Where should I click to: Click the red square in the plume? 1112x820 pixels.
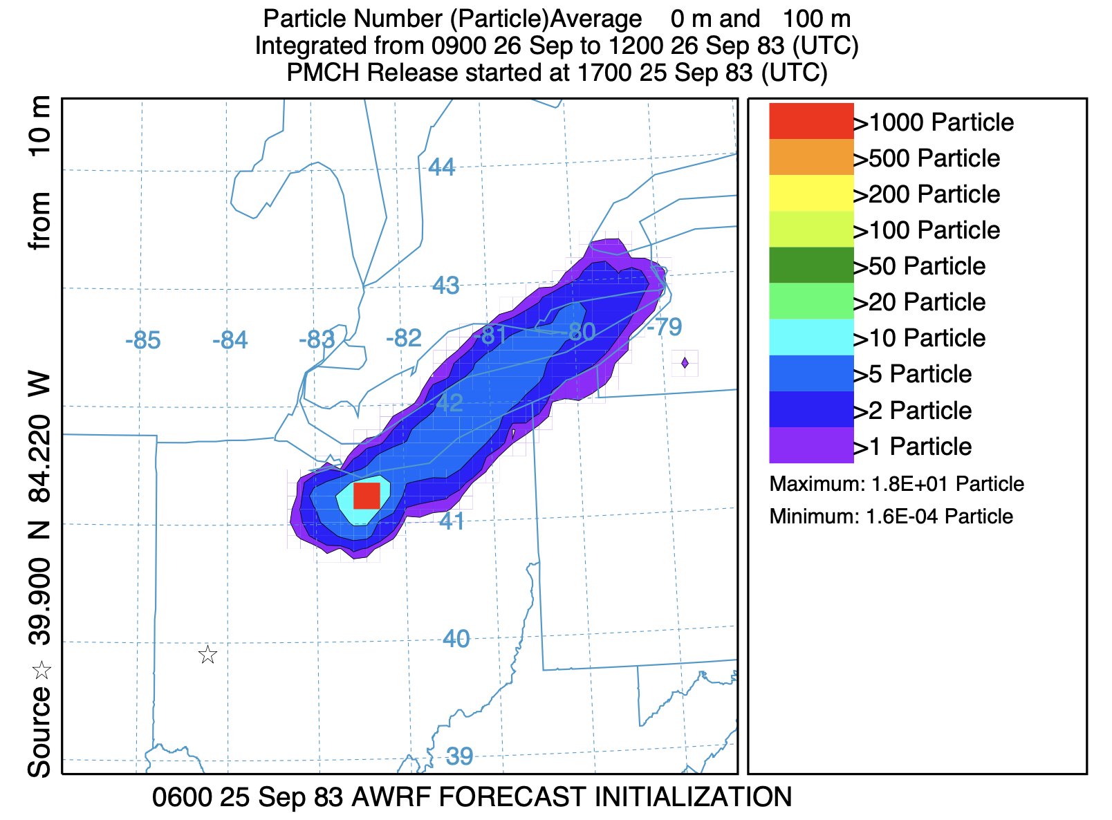[x=367, y=496]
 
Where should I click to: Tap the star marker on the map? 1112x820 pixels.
[x=207, y=654]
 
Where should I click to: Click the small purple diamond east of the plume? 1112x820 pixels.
[x=685, y=363]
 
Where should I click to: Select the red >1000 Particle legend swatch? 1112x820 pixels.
[x=811, y=122]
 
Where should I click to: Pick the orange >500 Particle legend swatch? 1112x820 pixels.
[x=811, y=158]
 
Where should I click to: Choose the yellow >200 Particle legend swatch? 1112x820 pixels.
[x=811, y=194]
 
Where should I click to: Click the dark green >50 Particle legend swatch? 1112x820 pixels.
[x=811, y=265]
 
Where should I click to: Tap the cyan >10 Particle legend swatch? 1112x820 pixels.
[x=811, y=337]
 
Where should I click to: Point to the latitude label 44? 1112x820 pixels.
[x=442, y=167]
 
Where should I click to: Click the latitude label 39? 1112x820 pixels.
[x=459, y=756]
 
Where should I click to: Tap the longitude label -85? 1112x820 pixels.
[x=143, y=341]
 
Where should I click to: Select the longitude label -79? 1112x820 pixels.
[x=665, y=327]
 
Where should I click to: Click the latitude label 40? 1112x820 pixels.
[x=456, y=639]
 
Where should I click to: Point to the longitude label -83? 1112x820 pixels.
[x=317, y=340]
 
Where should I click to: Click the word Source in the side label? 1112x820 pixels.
[x=40, y=732]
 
